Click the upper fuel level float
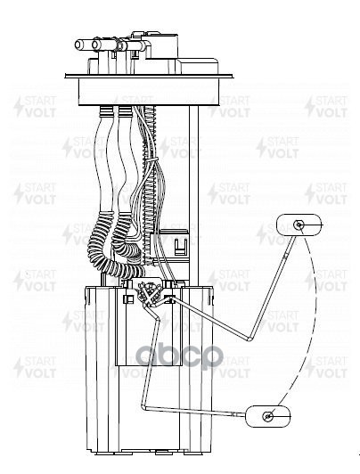pos(299,225)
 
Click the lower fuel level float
pos(268,416)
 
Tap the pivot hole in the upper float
pos(299,225)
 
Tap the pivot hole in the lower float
pos(268,416)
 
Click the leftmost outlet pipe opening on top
pos(79,45)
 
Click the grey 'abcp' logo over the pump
pos(179,356)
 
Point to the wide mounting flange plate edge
pos(149,76)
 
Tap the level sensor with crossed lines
pos(148,294)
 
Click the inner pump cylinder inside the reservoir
pos(149,326)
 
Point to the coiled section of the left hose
pos(102,248)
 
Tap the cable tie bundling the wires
pos(151,160)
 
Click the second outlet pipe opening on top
pos(96,45)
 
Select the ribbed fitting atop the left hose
pos(106,112)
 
